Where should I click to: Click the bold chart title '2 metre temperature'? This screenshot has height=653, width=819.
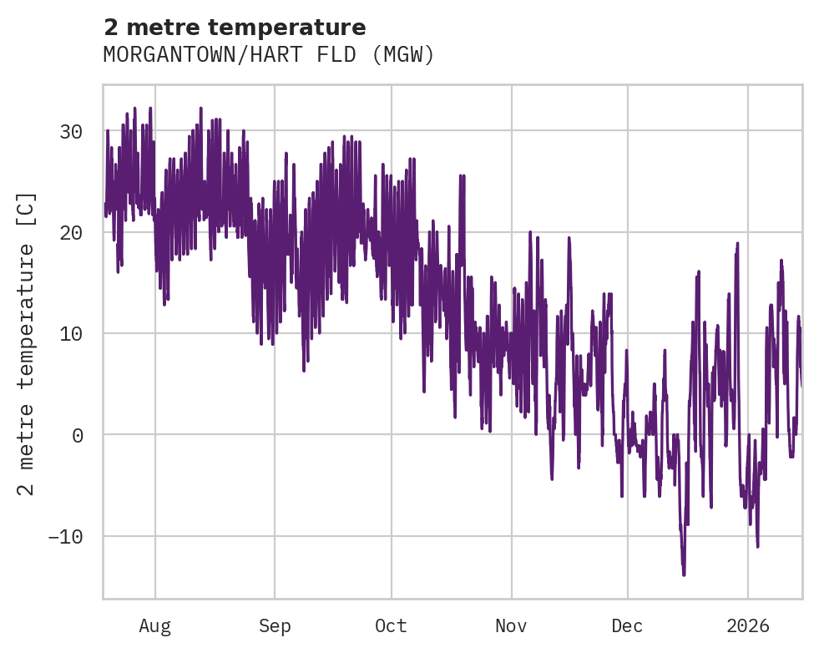point(235,28)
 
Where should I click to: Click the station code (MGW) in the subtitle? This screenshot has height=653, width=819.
point(403,55)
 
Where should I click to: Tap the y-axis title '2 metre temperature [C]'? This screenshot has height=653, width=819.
point(27,342)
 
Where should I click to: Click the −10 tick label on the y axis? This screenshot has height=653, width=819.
point(64,536)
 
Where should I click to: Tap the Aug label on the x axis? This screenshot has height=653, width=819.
point(155,625)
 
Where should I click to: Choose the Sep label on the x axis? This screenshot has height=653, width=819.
point(275,625)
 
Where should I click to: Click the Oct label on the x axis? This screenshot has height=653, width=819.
point(391,625)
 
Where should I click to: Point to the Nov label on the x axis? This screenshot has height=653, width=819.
point(511,625)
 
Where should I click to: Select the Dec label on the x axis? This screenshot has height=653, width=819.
point(627,625)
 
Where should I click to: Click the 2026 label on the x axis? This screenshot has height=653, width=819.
point(747,625)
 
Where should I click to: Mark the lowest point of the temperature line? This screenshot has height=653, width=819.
point(684,575)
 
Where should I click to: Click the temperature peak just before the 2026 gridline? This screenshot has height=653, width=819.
point(738,243)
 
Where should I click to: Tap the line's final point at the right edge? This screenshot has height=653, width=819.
point(801,386)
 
